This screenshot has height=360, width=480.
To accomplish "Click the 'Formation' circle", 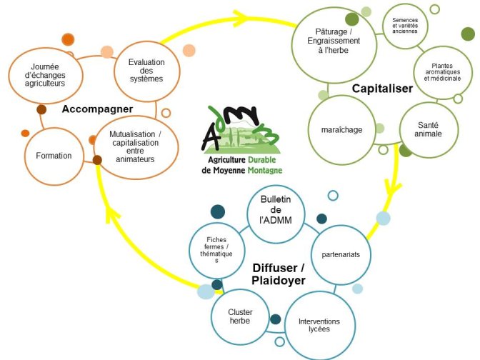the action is [54, 156].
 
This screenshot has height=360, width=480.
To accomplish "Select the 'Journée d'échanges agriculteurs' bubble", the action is [46, 75].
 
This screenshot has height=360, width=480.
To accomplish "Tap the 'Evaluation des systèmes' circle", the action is [147, 71].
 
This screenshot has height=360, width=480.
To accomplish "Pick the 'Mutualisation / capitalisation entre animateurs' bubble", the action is [136, 147].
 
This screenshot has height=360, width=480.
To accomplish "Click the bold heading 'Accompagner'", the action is [97, 109].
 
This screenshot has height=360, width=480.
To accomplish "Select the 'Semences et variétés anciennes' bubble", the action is [405, 26].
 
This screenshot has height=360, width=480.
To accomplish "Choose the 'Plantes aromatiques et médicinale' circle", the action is [443, 72].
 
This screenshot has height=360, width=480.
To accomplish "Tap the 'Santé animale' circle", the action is [429, 130].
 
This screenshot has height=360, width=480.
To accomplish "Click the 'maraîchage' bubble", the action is [341, 130].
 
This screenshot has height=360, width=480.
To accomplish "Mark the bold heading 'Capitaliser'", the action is [382, 89].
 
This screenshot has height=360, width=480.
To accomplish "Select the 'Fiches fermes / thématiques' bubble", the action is [216, 251].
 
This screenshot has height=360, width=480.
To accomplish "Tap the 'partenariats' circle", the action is [341, 254].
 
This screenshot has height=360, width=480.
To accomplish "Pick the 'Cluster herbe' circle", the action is [240, 317].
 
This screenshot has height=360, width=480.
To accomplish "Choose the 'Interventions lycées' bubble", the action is [320, 326].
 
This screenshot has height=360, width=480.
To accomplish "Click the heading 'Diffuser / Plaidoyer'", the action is [279, 274].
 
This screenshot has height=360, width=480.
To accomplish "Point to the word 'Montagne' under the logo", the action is [265, 170].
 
